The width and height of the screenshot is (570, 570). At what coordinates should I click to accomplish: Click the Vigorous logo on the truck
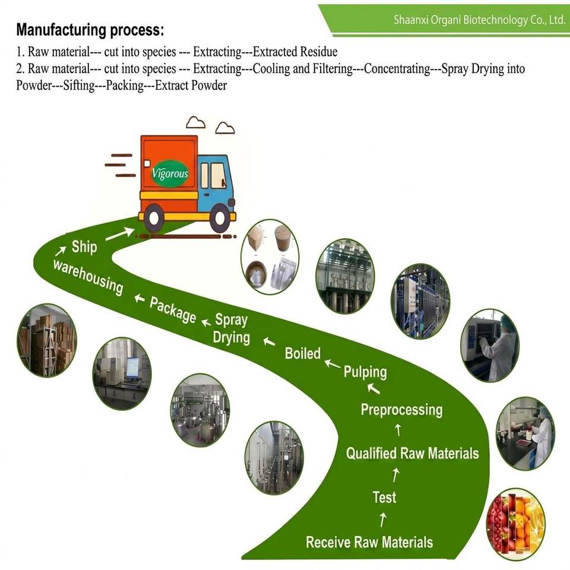point(170,173)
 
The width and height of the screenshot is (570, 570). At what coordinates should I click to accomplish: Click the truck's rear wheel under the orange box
point(154,218)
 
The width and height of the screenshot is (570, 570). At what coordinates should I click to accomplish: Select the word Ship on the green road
point(84,247)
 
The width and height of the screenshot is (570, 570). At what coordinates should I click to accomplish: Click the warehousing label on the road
point(88,276)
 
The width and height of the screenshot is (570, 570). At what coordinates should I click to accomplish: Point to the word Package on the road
point(173,310)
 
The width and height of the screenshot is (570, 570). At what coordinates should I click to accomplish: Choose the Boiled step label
point(302,353)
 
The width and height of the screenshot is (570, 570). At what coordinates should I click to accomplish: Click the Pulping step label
point(365,372)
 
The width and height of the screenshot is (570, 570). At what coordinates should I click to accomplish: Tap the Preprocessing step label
point(402,410)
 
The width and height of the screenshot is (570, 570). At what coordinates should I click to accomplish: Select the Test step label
point(384,497)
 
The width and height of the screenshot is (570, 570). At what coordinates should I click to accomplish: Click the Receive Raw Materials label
point(369,542)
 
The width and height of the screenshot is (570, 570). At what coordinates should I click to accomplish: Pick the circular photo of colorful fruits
point(516,524)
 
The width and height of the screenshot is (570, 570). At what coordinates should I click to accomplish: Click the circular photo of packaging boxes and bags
point(270,256)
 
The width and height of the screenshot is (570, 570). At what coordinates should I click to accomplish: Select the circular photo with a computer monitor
point(122,373)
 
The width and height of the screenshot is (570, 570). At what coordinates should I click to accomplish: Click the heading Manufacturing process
point(90,30)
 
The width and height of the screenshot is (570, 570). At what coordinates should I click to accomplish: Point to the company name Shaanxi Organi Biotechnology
point(480,20)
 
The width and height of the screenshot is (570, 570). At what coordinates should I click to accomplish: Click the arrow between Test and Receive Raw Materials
point(383,519)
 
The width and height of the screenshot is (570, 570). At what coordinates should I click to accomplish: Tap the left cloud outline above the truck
point(195,122)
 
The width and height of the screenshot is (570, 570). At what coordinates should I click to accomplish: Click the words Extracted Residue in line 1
point(295,52)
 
